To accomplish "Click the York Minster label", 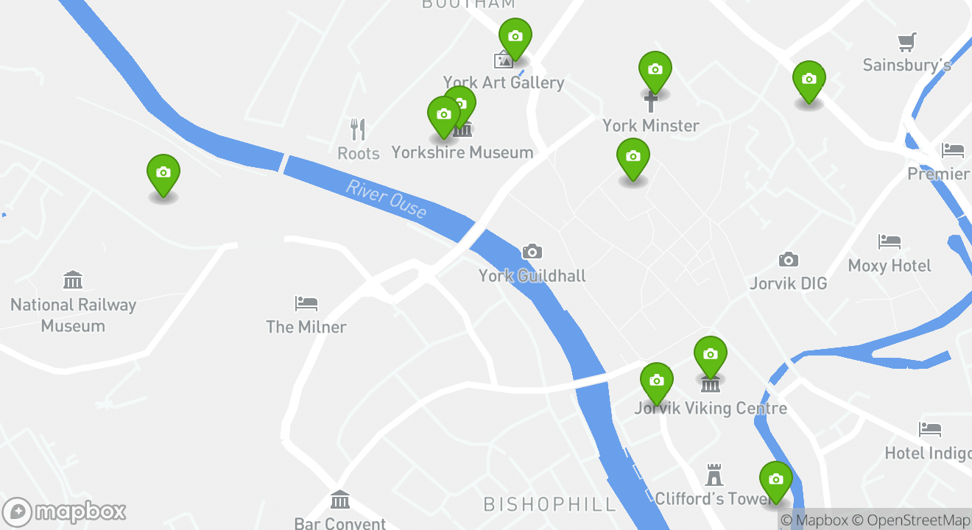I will [651, 126].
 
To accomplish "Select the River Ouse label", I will [386, 199].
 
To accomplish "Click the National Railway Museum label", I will [73, 315].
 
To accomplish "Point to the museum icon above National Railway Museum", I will [73, 280].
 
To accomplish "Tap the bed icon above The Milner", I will [306, 303].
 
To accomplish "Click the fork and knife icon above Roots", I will [358, 130].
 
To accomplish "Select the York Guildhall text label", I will [532, 276].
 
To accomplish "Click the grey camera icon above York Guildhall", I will [532, 252].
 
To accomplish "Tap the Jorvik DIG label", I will [789, 283].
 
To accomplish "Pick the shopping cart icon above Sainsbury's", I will [907, 42].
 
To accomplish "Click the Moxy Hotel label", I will [890, 266].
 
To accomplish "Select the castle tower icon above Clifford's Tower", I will [714, 475].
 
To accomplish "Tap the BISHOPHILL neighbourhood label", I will [549, 504].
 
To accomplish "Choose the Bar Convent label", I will [340, 523].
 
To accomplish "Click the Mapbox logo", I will [65, 512].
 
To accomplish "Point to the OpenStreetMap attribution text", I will [912, 520].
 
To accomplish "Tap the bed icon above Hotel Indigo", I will [930, 428].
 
